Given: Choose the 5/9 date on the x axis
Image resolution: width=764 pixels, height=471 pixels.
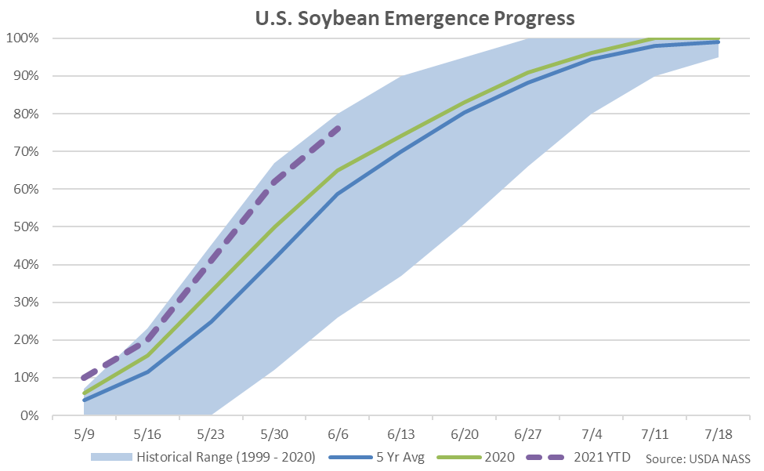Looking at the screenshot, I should [84, 433].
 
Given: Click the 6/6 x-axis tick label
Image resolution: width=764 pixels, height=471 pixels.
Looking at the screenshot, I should [337, 433].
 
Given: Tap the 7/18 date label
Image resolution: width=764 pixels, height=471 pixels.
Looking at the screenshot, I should [718, 433].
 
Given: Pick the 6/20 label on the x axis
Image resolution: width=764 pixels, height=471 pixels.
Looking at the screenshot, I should [464, 433].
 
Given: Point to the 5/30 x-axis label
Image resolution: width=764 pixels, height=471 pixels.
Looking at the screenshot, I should [273, 433].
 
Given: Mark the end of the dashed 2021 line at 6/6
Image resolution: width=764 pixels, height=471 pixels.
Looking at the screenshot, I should [337, 129].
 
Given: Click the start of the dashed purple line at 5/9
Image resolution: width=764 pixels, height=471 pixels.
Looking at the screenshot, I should [85, 377].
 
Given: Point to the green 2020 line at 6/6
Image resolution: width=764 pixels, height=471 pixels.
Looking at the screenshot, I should [337, 170].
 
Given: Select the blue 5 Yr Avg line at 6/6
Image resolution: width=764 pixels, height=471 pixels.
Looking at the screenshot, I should [337, 194].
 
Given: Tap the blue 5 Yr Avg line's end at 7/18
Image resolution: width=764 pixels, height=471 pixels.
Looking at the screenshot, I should [718, 42].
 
